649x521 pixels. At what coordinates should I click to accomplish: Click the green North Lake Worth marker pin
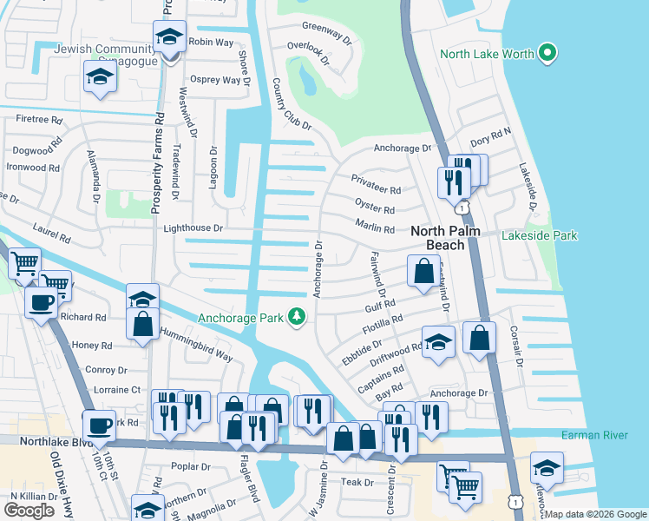(x=547, y=54)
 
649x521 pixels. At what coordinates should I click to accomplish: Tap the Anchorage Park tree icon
(x=298, y=317)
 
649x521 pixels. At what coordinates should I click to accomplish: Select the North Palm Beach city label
(x=449, y=237)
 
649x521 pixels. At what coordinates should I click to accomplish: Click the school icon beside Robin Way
(x=169, y=37)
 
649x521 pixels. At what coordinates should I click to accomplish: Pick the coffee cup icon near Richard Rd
(x=41, y=303)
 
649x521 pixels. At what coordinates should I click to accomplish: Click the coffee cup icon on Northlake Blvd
(x=100, y=425)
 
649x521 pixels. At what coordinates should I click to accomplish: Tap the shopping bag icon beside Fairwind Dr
(x=423, y=271)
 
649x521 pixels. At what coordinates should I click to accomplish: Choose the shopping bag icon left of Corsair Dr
(x=479, y=337)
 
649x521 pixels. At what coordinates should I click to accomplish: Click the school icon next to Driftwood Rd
(x=438, y=342)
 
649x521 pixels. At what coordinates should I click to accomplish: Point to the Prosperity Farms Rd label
(x=158, y=162)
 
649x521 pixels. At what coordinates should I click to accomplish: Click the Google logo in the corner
(x=29, y=510)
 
